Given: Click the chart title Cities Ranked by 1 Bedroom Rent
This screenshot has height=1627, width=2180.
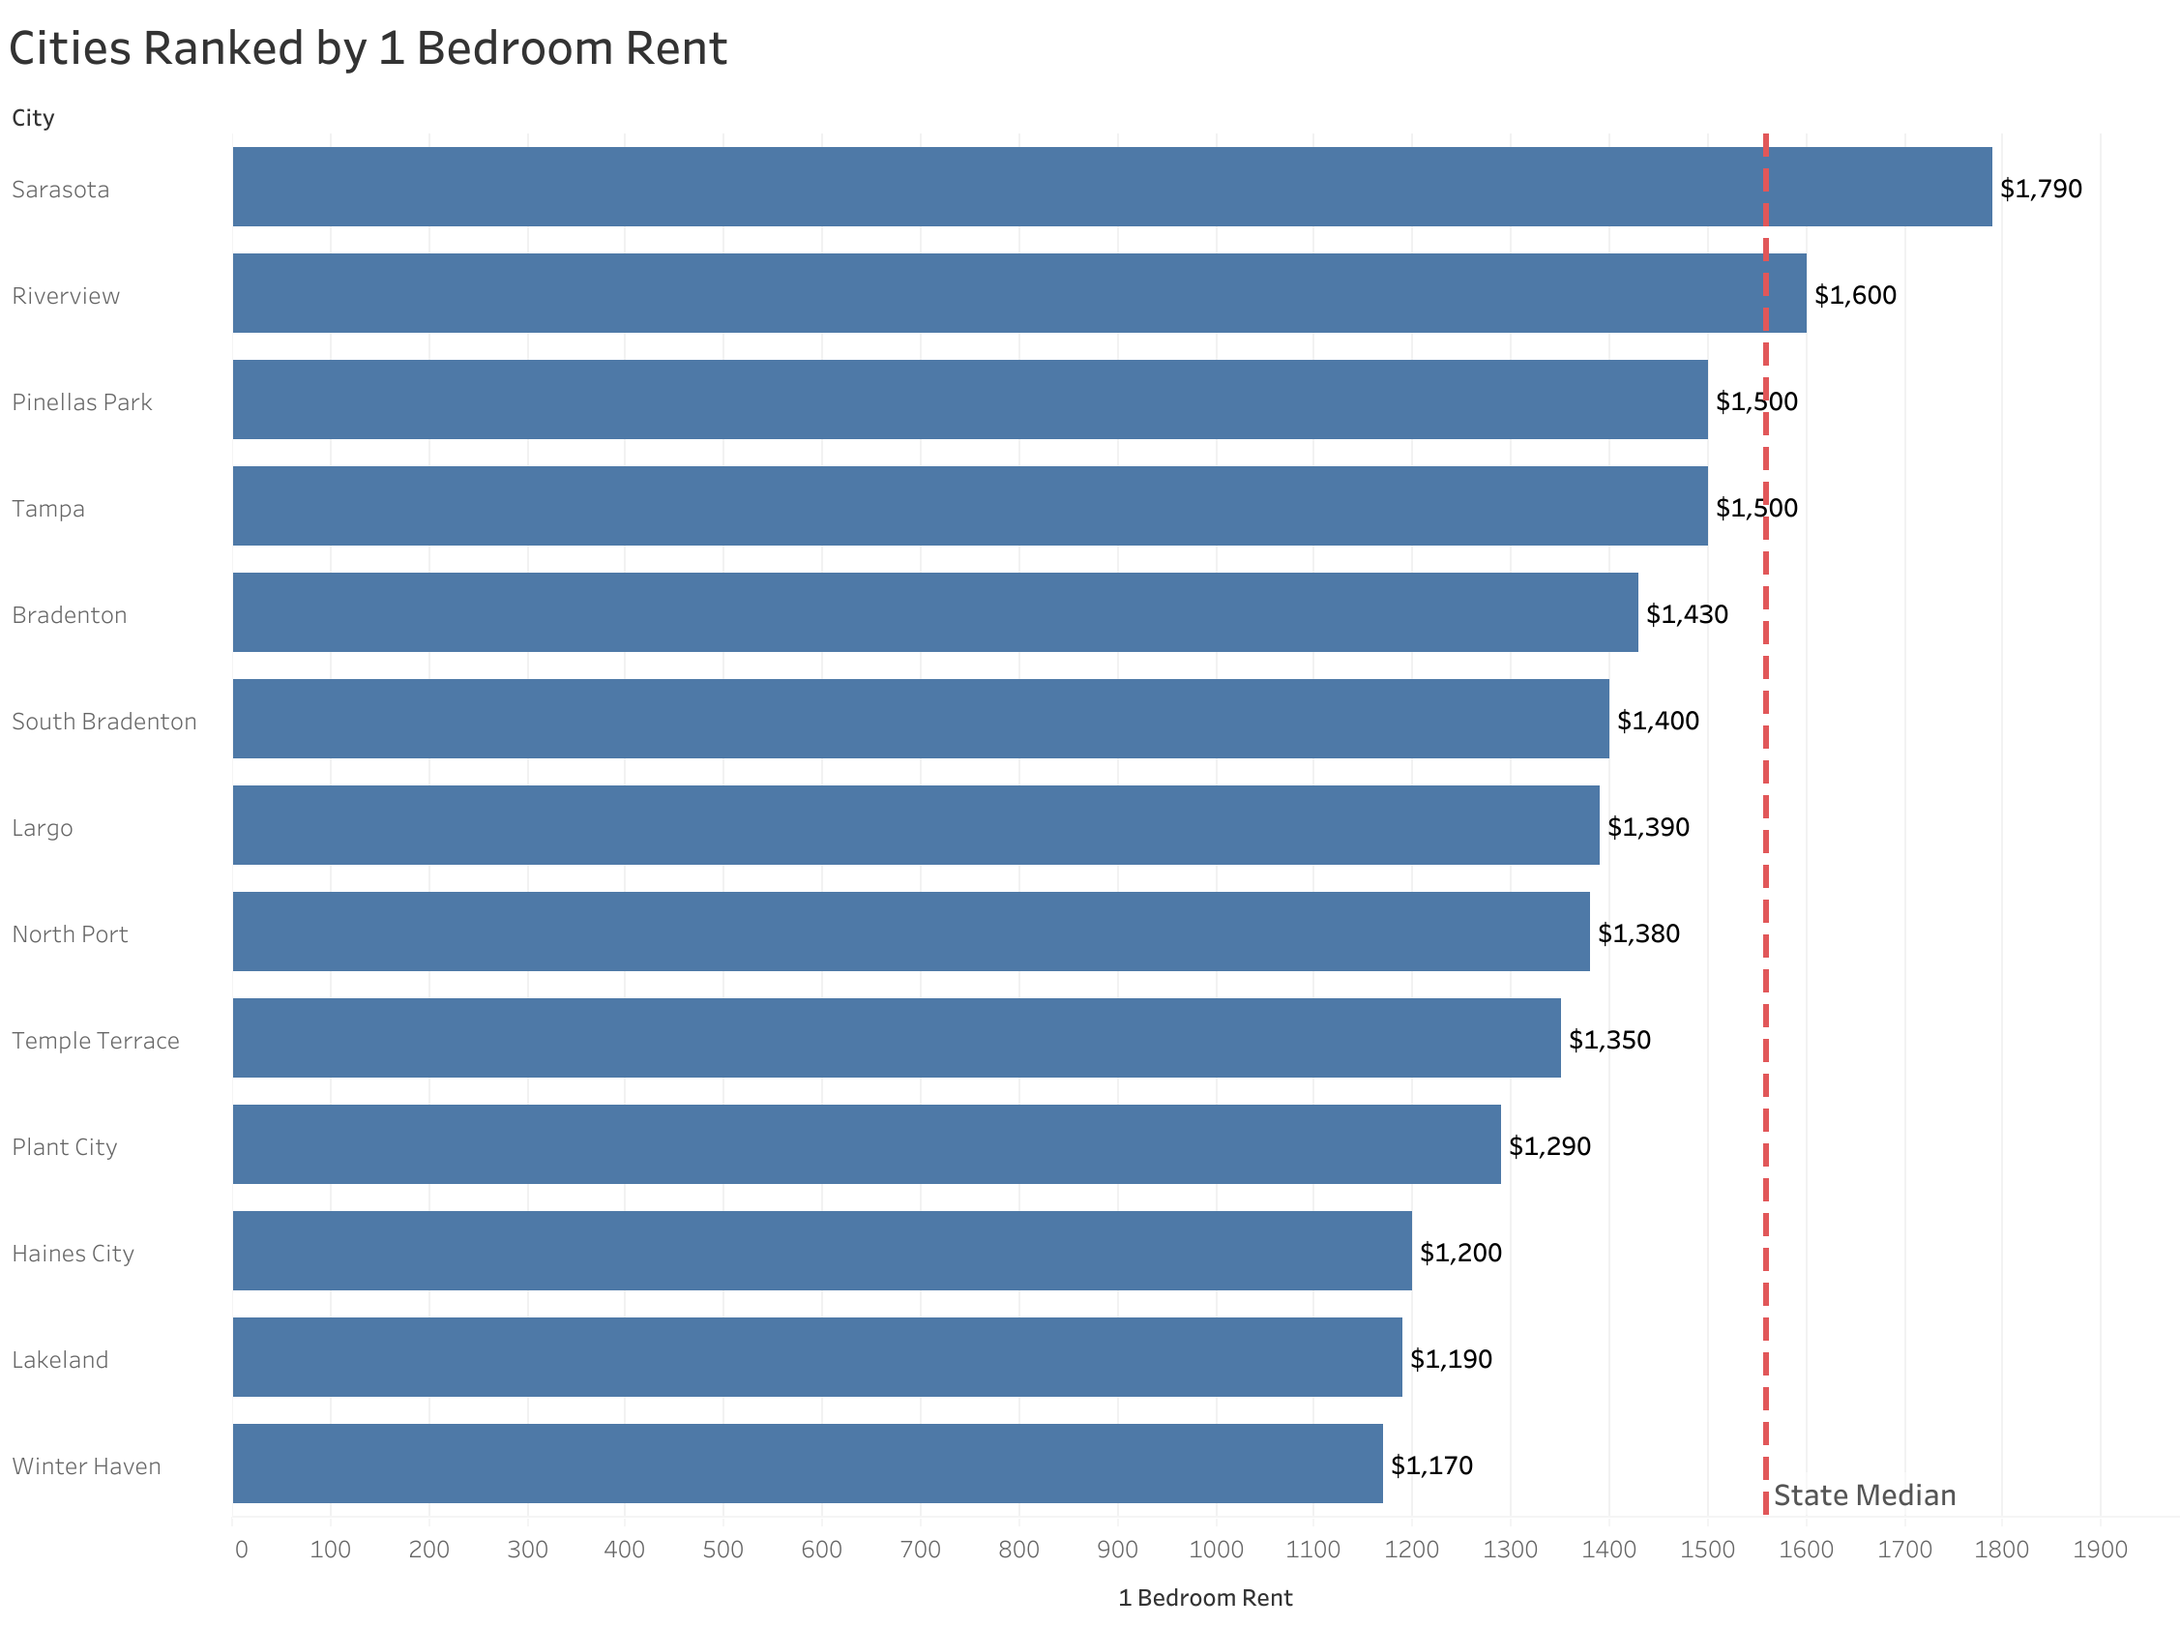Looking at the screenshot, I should tap(368, 49).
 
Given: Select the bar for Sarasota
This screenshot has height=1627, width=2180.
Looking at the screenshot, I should tap(1110, 187).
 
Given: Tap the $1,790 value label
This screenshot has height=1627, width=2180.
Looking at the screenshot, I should tap(2039, 188).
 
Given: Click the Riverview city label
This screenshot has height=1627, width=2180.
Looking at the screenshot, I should tap(66, 295).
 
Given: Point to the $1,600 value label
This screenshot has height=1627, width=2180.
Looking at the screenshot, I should tap(1854, 294).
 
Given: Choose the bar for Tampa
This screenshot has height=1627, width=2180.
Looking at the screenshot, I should tap(969, 506).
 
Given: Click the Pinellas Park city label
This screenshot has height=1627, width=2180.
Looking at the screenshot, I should tap(81, 401).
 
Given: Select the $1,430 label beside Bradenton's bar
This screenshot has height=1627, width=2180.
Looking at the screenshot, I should tap(1686, 613).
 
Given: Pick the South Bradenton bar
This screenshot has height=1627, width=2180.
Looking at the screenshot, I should tap(920, 719).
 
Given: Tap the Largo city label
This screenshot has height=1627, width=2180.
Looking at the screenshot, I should tap(43, 827).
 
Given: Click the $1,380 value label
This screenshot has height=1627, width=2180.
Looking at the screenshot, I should tap(1637, 932).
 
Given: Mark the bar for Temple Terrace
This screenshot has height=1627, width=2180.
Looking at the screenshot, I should tap(896, 1038).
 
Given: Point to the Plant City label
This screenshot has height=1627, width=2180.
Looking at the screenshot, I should tap(65, 1146).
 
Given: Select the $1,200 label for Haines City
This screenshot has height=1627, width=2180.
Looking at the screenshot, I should tap(1459, 1252).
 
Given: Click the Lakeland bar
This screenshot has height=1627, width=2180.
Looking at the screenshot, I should tap(816, 1357).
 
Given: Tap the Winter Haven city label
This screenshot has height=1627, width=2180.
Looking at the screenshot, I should tap(87, 1465).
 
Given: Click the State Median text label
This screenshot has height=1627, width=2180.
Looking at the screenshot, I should tap(1864, 1495).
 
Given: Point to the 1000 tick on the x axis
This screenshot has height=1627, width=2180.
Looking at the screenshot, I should tap(1215, 1550).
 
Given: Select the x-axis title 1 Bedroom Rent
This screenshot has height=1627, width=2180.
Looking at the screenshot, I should tap(1204, 1597).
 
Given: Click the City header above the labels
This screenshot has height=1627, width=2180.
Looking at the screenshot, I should tap(34, 118).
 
